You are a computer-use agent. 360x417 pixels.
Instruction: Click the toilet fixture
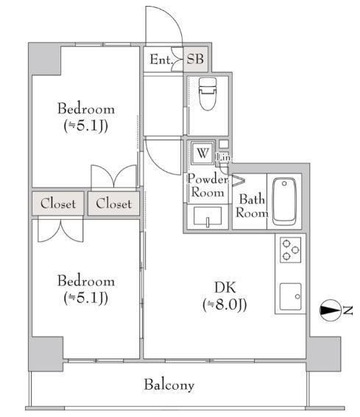click(208, 93)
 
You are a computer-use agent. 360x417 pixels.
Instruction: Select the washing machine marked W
click(202, 153)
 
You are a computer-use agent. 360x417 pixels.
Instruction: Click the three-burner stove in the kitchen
click(291, 250)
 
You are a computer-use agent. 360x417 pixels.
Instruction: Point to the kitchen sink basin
click(291, 296)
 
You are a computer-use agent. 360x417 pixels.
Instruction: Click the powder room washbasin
click(208, 216)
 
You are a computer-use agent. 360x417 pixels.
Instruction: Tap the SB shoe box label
click(195, 59)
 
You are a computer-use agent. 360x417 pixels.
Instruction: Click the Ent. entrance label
click(161, 60)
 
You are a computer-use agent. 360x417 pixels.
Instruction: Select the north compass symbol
click(330, 310)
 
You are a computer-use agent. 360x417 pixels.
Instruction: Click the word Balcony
click(169, 385)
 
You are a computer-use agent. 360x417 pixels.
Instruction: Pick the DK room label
click(225, 288)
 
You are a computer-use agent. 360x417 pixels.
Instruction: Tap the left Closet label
click(58, 204)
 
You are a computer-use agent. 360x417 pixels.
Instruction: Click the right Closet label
click(113, 204)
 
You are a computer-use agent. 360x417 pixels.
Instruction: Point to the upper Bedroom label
click(86, 109)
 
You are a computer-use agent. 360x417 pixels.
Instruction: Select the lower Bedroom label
click(86, 281)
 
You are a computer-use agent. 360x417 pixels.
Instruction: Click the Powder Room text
click(208, 185)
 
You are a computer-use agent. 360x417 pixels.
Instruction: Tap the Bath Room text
click(252, 206)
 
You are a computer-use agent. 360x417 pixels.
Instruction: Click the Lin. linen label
click(224, 157)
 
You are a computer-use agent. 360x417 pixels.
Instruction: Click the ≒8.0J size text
click(225, 304)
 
